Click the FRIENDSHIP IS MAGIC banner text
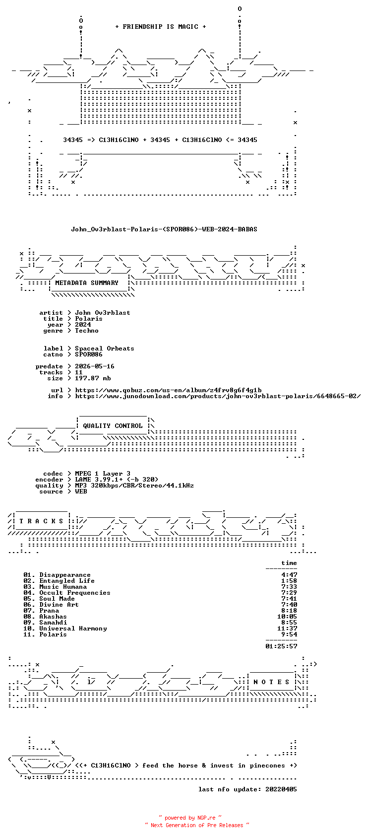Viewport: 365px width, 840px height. [160, 27]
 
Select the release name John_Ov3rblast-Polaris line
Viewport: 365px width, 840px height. [164, 229]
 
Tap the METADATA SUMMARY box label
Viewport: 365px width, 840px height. [87, 283]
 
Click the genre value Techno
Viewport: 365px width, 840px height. [87, 331]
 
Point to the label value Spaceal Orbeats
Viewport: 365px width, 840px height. [105, 349]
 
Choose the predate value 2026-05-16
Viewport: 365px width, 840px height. [94, 366]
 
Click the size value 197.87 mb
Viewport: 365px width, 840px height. [93, 378]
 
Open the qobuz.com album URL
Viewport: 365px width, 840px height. [168, 390]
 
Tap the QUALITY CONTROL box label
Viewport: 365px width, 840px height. [113, 426]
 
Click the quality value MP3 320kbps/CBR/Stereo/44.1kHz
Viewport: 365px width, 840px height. [134, 486]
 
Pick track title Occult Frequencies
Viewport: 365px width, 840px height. [75, 593]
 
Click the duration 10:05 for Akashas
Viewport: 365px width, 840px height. [287, 617]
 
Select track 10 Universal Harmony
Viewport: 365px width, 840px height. [65, 629]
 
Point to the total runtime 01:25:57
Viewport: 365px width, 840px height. [281, 646]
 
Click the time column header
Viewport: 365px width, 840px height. [289, 563]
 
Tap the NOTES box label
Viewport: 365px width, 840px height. [271, 682]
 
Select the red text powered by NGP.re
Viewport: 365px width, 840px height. [190, 818]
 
